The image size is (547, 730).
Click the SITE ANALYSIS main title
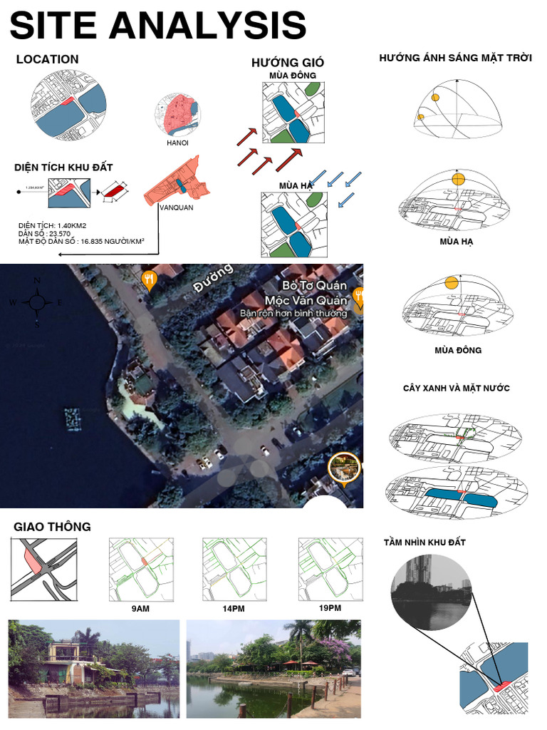(157, 26)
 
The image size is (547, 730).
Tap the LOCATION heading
(47, 60)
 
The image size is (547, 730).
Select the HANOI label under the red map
(177, 143)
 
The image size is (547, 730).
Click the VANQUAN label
(176, 208)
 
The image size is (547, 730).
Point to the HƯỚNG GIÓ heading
(288, 63)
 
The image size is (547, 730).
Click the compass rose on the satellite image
(37, 302)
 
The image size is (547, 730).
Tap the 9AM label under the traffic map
(140, 610)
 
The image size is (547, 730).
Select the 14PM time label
(234, 610)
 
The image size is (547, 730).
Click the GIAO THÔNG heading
(52, 527)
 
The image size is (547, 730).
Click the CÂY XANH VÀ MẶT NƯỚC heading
(456, 389)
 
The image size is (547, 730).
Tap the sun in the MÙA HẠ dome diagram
(458, 178)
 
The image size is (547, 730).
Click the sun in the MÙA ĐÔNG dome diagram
(451, 283)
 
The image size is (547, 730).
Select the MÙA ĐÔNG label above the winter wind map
(293, 75)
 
